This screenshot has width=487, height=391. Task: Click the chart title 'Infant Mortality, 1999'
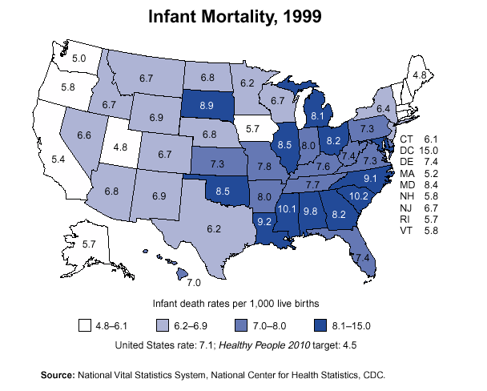231,17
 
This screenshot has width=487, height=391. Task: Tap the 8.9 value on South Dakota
207,106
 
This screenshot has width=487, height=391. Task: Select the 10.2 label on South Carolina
360,195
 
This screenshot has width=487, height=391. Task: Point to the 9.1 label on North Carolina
370,178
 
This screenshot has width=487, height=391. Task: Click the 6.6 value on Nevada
84,135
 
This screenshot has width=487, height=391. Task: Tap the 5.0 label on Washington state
78,58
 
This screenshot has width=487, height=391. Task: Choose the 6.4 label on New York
384,107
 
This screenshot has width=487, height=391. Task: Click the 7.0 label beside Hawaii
193,283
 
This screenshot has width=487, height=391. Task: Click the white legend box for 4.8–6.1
84,326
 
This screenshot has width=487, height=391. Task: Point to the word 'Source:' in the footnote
58,374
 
